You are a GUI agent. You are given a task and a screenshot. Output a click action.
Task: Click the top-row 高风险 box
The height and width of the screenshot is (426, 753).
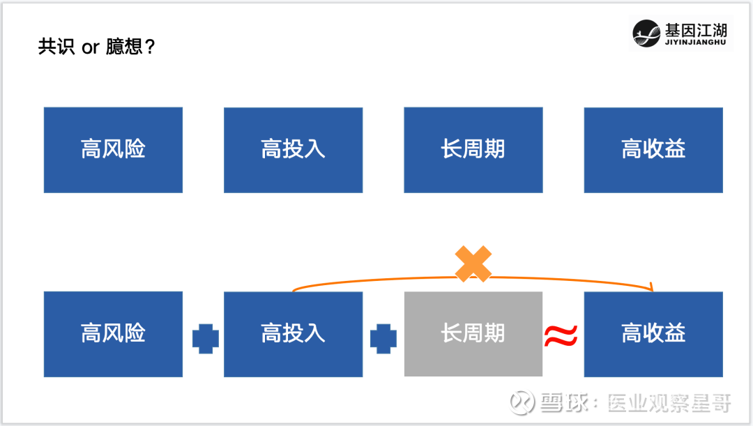114,150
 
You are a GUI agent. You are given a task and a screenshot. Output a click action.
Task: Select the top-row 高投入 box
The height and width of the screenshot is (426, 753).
294,150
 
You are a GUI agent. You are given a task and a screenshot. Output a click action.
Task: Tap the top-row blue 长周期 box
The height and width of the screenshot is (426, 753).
473,150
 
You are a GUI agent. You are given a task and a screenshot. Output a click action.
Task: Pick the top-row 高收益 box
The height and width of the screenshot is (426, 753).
653,150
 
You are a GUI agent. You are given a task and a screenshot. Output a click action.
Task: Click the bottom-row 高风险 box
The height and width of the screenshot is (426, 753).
114,334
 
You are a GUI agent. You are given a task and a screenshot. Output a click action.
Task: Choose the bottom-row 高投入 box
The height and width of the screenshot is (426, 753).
294,334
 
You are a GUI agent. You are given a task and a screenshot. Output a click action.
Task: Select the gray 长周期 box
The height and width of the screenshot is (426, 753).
473,334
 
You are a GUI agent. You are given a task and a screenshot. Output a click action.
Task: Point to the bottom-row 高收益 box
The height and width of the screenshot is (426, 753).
653,334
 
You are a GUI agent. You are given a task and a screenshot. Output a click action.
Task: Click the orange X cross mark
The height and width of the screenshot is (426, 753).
473,264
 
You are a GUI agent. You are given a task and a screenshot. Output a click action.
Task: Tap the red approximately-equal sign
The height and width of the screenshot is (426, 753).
561,335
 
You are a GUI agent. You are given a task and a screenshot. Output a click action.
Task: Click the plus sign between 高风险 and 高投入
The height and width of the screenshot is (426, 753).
206,339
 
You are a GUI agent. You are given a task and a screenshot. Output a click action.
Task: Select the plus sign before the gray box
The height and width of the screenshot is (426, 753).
383,339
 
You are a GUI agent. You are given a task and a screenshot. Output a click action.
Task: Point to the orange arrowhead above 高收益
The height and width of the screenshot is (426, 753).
651,287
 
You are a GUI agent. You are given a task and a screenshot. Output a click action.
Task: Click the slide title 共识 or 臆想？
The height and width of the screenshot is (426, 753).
96,47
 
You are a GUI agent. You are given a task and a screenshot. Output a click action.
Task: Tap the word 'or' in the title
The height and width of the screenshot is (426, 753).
90,48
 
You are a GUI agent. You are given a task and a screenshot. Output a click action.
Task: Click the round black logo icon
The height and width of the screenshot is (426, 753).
646,33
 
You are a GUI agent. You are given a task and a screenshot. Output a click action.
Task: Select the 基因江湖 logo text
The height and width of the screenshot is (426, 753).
696,30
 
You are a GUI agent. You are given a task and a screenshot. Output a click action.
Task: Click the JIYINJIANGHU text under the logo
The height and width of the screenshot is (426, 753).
695,43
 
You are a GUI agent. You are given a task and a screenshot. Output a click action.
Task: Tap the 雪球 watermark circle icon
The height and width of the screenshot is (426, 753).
522,402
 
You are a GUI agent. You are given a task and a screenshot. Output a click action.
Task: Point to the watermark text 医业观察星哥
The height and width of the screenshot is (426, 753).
669,403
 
